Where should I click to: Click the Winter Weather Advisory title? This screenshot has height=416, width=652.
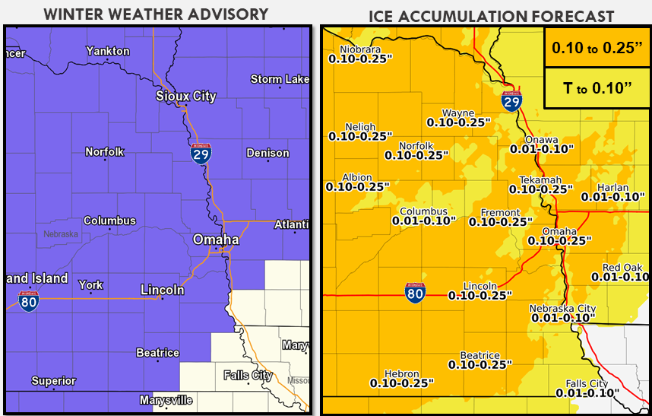point(156,14)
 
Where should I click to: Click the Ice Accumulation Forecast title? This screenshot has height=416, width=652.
point(491,16)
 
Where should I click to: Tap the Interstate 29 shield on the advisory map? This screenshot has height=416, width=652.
point(201,153)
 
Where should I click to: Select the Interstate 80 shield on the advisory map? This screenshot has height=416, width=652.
point(29,300)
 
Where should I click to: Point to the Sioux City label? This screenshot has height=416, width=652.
point(185,96)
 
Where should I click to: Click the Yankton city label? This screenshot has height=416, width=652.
point(108,51)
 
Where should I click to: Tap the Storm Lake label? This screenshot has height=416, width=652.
point(280,79)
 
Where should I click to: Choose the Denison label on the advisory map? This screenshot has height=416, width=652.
point(267,153)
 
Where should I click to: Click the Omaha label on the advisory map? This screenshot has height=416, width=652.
point(216,240)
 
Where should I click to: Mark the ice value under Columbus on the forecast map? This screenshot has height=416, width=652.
point(424,221)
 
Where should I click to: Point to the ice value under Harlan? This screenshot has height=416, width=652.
point(612,196)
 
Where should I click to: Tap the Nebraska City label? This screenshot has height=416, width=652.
point(563,309)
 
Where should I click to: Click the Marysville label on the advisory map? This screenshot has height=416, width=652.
point(166,400)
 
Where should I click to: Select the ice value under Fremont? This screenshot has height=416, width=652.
point(501,222)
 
